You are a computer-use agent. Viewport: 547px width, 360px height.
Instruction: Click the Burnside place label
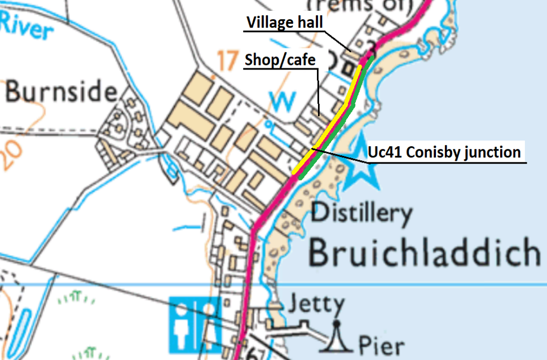click(x=61, y=91)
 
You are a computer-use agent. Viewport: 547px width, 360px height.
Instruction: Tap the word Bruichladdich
click(x=424, y=253)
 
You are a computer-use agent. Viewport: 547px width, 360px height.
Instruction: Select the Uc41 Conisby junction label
click(x=444, y=152)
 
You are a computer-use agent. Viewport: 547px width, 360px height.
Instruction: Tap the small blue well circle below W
click(x=269, y=122)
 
